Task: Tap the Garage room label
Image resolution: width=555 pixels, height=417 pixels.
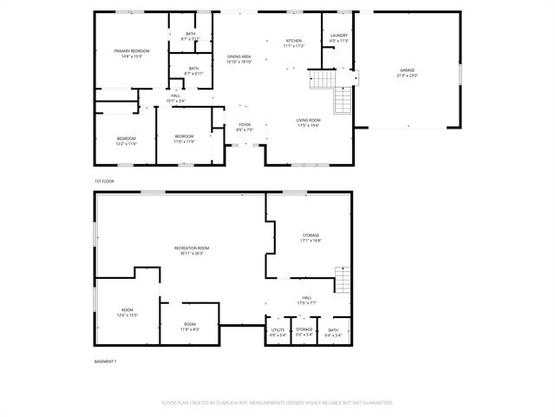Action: [x=408, y=73]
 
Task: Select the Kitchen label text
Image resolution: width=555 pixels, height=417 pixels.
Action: [x=295, y=43]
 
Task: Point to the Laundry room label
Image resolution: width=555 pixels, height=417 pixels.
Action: [x=338, y=38]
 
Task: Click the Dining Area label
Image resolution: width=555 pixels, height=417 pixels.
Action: [x=238, y=59]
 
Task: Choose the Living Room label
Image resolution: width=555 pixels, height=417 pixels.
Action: [x=308, y=122]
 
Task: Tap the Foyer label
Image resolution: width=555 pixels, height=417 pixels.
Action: [x=245, y=127]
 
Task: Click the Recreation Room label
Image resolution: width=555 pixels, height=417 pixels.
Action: [x=192, y=250]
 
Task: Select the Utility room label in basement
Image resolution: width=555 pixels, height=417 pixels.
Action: [x=277, y=332]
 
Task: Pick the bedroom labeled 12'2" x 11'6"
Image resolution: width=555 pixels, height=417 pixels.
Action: [x=127, y=141]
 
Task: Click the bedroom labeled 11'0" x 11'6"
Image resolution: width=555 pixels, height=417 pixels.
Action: [x=184, y=139]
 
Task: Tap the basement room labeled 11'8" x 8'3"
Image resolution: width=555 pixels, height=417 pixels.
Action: [x=190, y=327]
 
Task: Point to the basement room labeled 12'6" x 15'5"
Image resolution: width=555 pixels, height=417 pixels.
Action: [x=127, y=313]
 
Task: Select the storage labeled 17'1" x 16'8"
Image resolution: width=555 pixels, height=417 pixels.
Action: [x=310, y=238]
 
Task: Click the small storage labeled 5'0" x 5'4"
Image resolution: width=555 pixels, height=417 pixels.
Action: [x=304, y=332]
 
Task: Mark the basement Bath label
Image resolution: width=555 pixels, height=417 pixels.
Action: [x=333, y=332]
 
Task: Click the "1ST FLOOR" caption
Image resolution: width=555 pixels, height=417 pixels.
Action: [x=104, y=181]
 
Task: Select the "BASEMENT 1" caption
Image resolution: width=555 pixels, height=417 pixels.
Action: [x=105, y=361]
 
